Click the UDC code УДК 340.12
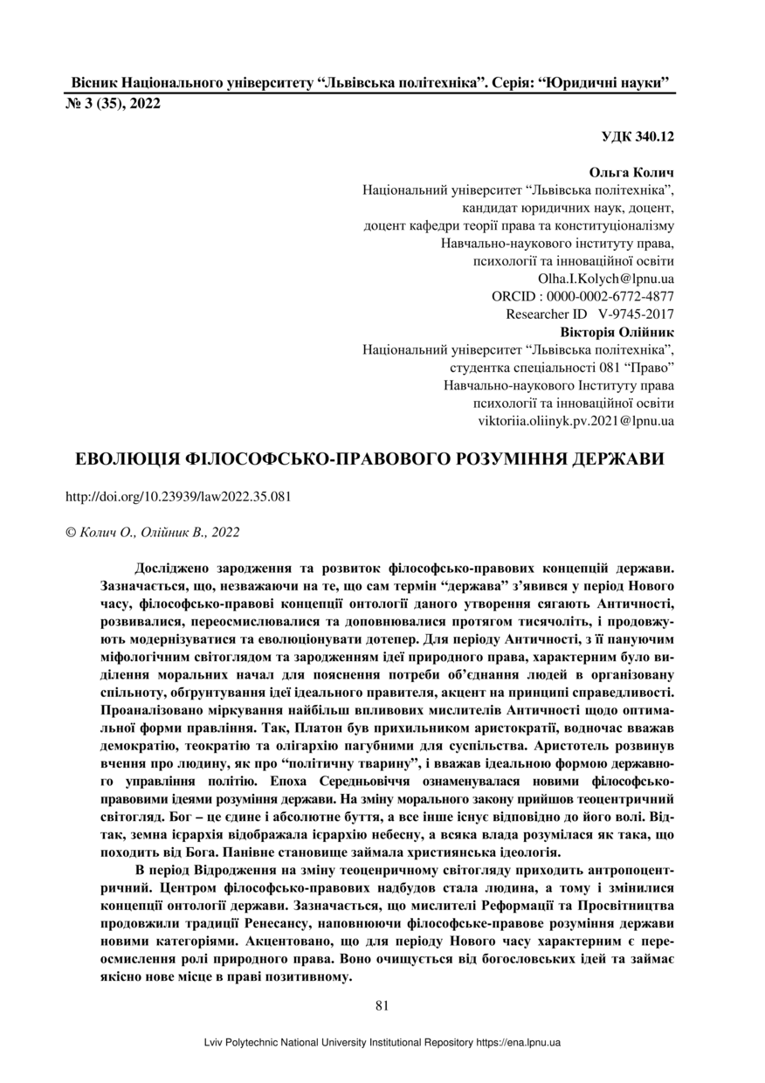[x=637, y=136]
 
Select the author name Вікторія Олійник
[x=617, y=332]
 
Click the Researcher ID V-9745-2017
[x=636, y=314]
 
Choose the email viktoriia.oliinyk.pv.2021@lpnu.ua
[x=575, y=420]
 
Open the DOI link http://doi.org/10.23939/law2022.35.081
[x=178, y=496]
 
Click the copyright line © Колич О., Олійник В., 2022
[x=153, y=531]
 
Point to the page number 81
[x=382, y=1005]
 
